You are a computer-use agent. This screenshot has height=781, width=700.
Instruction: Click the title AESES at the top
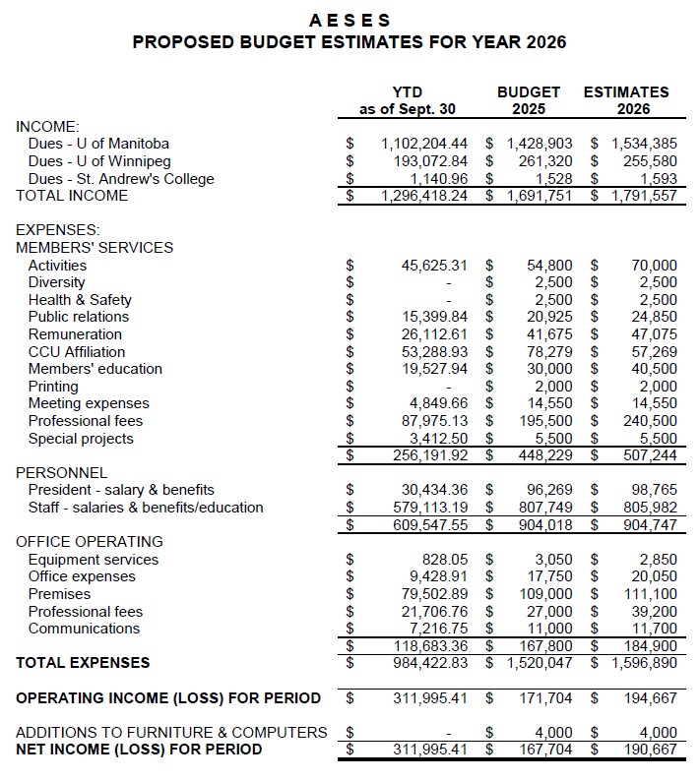350,20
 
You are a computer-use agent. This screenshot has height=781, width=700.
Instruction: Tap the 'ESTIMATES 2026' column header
626,100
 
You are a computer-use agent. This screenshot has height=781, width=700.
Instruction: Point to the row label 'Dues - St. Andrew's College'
121,179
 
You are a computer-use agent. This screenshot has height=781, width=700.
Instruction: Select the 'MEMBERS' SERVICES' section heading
95,248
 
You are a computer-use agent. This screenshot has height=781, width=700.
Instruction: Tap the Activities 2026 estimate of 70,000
654,266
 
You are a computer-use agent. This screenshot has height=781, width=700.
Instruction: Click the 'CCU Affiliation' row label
77,352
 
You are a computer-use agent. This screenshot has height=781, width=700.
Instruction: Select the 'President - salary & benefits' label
121,490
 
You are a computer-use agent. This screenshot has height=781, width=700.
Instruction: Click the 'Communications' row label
84,629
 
